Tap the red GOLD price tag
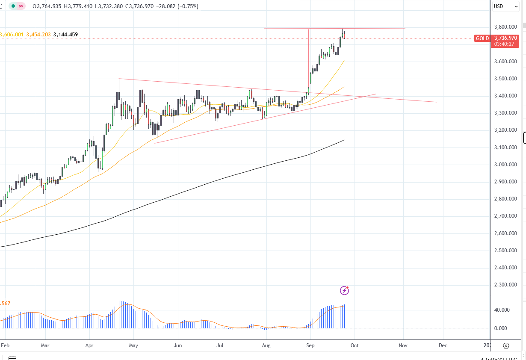pyautogui.click(x=482, y=38)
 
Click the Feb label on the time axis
pyautogui.click(x=5, y=345)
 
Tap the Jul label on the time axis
pyautogui.click(x=220, y=345)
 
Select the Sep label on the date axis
pyautogui.click(x=310, y=345)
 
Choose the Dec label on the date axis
pyautogui.click(x=443, y=345)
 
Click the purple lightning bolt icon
pyautogui.click(x=344, y=291)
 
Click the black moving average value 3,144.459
pyautogui.click(x=65, y=35)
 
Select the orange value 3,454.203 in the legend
pyautogui.click(x=38, y=35)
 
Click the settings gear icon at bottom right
pyautogui.click(x=506, y=345)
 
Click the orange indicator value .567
pyautogui.click(x=5, y=304)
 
